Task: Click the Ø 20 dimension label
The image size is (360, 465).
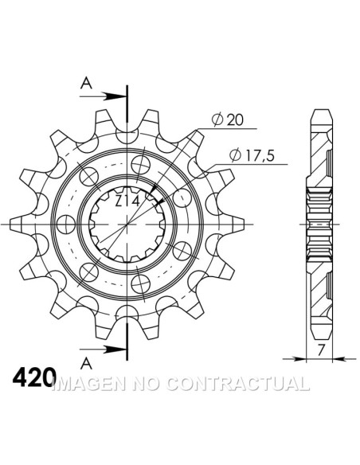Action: (x=228, y=119)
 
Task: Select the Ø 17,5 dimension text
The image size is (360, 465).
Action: (x=252, y=155)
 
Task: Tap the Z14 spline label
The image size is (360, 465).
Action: (x=127, y=201)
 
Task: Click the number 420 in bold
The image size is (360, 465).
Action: (x=34, y=377)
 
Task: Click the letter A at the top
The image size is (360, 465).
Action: (x=86, y=83)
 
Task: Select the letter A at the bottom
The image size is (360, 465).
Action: (x=86, y=364)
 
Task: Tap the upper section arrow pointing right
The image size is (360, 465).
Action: (x=103, y=96)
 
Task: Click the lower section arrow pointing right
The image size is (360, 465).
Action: (x=103, y=350)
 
